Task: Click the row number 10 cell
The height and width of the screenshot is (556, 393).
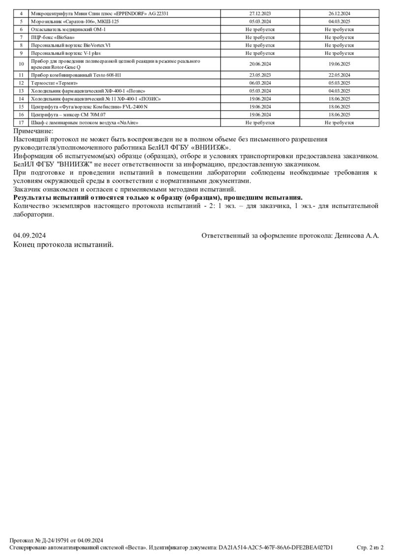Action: (x=21, y=64)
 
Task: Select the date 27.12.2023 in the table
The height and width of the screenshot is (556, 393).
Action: (x=260, y=14)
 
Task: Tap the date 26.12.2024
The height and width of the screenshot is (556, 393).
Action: (x=339, y=14)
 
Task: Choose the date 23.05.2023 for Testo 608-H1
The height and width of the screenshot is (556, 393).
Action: (x=260, y=75)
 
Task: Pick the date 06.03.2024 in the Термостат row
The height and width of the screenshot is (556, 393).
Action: (x=260, y=83)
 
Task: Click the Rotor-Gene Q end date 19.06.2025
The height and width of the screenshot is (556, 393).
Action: (x=339, y=64)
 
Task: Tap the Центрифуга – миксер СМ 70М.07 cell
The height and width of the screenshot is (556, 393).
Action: (x=68, y=114)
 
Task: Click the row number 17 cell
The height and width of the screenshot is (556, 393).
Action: (x=21, y=122)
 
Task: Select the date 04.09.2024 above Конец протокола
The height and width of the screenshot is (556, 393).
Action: (x=29, y=236)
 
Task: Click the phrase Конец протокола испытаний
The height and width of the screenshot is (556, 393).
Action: (x=63, y=244)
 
